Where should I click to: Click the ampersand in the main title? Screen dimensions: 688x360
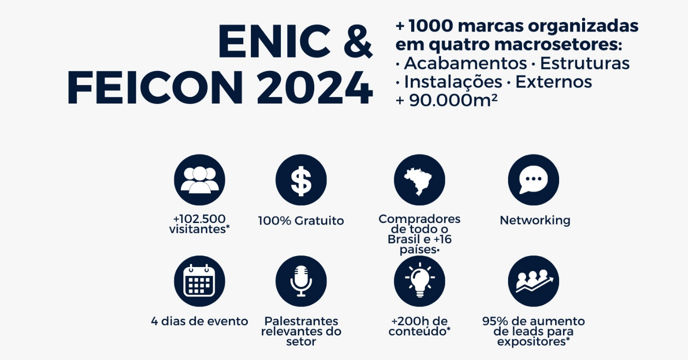tap(358, 41)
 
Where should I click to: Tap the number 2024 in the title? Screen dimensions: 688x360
tap(314, 88)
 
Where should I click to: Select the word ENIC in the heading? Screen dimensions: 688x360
tap(274, 41)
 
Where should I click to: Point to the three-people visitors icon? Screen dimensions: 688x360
tap(200, 180)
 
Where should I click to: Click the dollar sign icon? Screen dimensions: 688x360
tap(301, 180)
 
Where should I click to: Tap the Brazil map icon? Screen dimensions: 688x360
tap(420, 180)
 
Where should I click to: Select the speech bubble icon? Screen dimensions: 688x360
tap(534, 180)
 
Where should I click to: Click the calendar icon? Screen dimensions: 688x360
tap(200, 281)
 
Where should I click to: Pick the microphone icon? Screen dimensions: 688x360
tap(301, 281)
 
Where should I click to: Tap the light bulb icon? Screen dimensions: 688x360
tap(420, 281)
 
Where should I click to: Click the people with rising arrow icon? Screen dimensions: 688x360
tap(534, 281)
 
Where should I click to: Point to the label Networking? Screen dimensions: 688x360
tap(535, 220)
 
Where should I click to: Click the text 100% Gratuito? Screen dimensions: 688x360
tap(301, 220)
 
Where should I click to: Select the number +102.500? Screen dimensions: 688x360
tap(199, 219)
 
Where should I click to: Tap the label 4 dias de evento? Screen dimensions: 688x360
tap(199, 321)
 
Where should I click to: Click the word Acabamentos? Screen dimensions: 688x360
tap(465, 63)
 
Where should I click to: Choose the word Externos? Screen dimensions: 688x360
tap(554, 82)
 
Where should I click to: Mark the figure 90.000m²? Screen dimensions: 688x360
tap(453, 100)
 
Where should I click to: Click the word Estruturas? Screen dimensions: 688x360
tap(585, 63)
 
